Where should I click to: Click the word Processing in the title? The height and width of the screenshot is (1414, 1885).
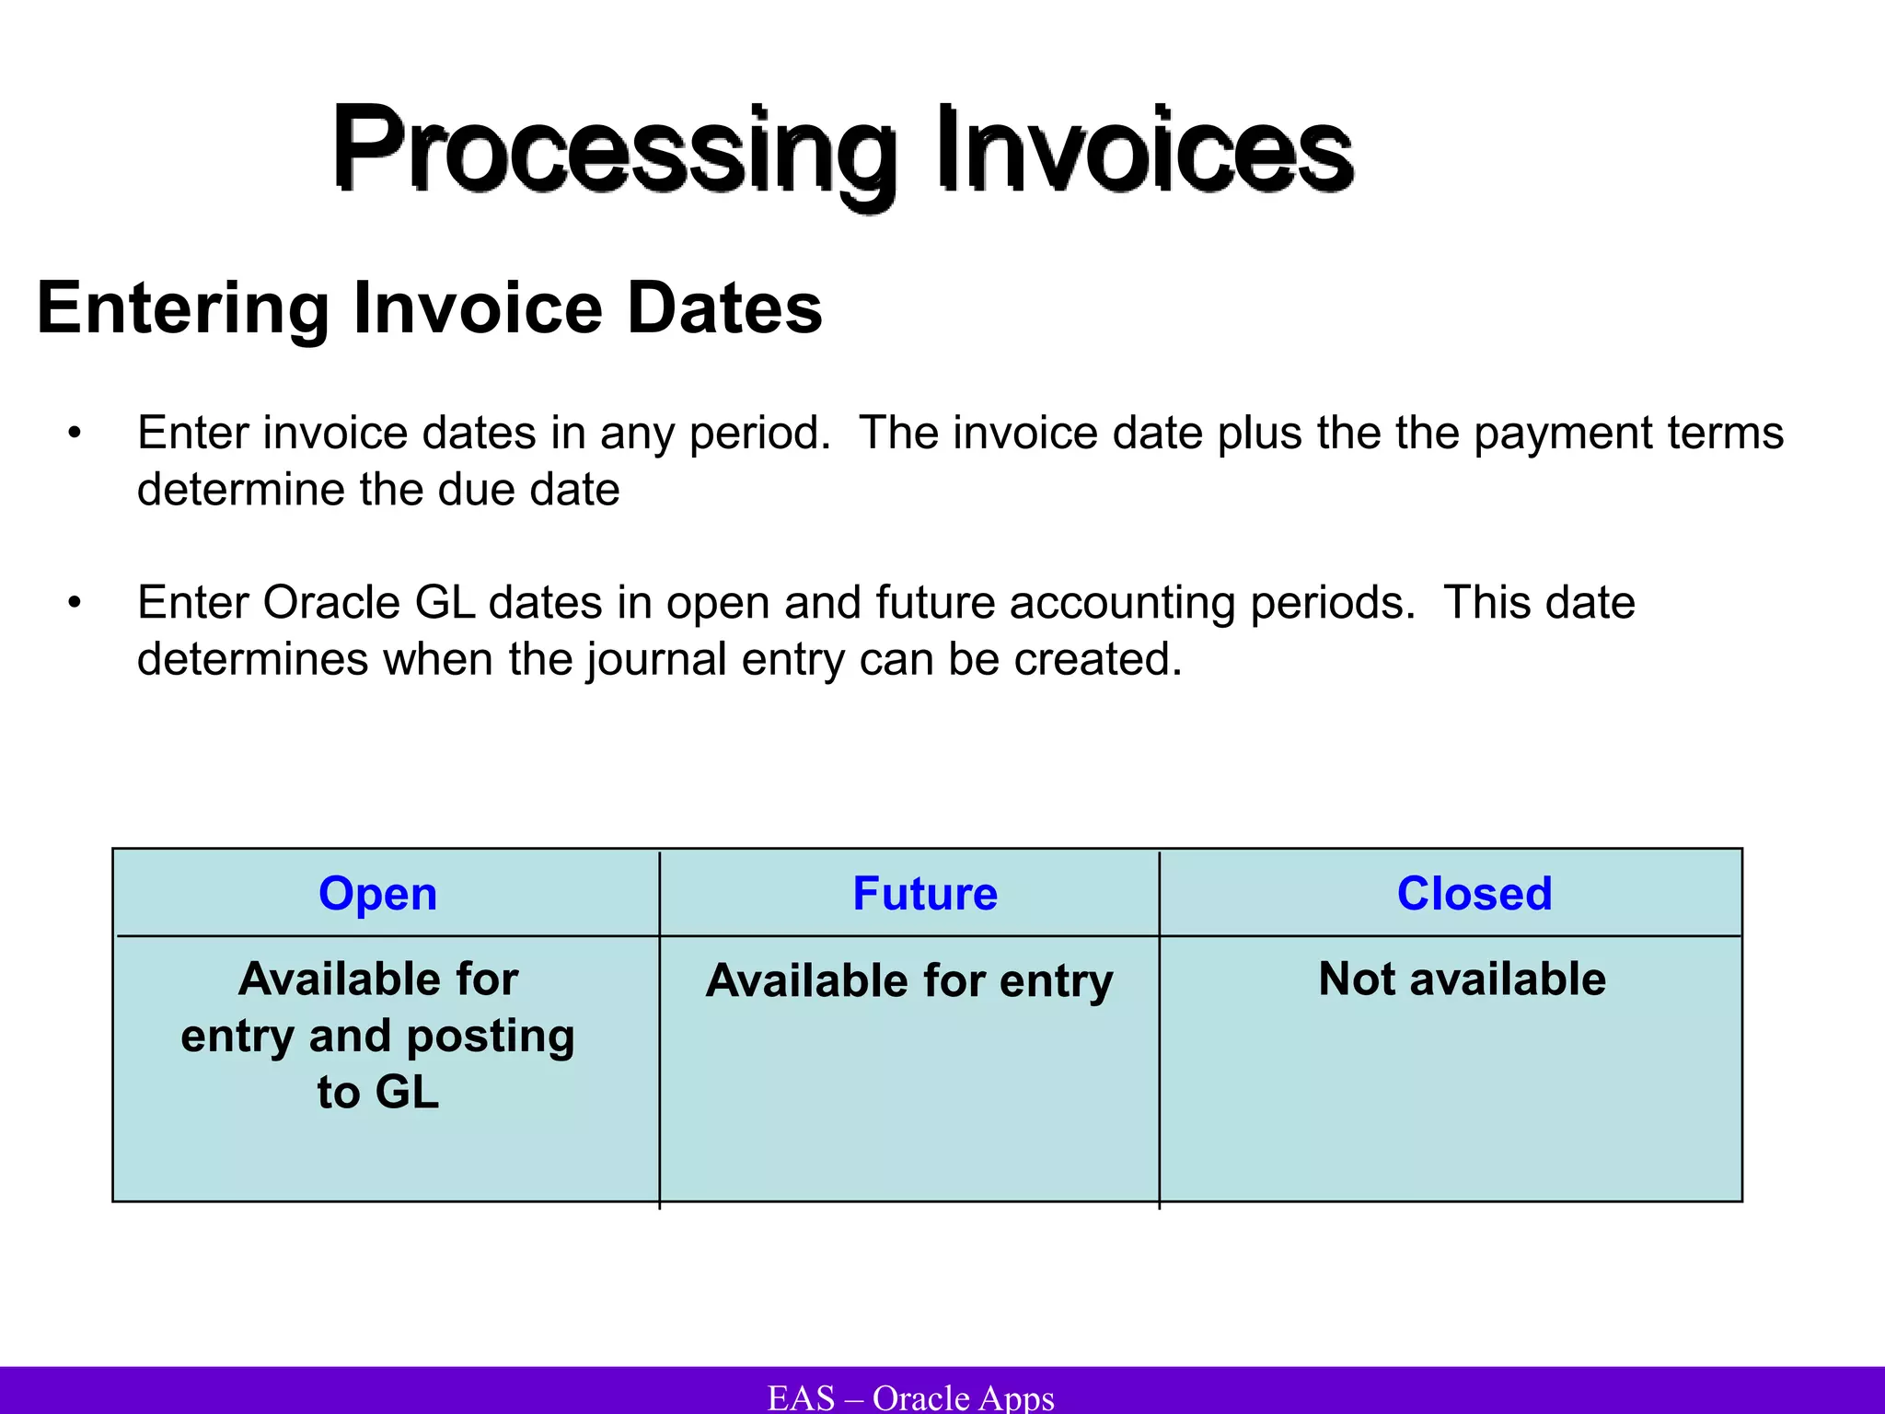(x=613, y=151)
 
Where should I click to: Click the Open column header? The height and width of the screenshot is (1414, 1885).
(x=377, y=894)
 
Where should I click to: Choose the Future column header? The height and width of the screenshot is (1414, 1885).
(x=925, y=894)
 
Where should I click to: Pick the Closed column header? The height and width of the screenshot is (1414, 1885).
(x=1474, y=894)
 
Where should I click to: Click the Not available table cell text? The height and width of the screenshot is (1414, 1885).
(x=1462, y=979)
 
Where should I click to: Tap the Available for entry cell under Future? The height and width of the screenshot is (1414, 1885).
(x=909, y=980)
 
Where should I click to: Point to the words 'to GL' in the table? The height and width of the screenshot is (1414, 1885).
(x=378, y=1093)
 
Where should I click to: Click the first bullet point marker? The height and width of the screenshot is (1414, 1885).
(x=75, y=434)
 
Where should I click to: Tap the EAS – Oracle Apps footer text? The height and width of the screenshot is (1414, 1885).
(x=910, y=1397)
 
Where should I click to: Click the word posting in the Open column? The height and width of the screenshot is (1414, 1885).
(x=490, y=1037)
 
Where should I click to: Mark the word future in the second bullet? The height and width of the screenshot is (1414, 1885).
(x=935, y=604)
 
